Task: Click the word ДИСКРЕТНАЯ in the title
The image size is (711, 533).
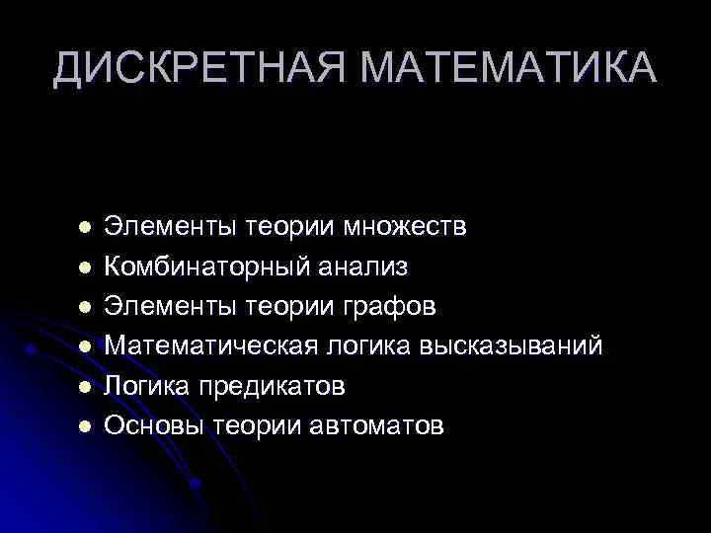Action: tap(197, 67)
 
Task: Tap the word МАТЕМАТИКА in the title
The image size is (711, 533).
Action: tap(507, 67)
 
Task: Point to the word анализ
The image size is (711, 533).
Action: tap(363, 267)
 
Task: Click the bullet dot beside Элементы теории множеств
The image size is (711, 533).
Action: tap(85, 228)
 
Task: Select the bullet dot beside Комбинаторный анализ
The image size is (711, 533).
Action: tap(85, 267)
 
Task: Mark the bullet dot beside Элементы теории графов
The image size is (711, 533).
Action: tap(85, 307)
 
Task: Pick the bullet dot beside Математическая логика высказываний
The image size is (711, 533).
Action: tap(85, 346)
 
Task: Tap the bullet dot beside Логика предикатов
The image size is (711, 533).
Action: tap(85, 386)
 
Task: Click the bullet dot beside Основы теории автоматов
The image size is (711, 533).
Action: tap(85, 425)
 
